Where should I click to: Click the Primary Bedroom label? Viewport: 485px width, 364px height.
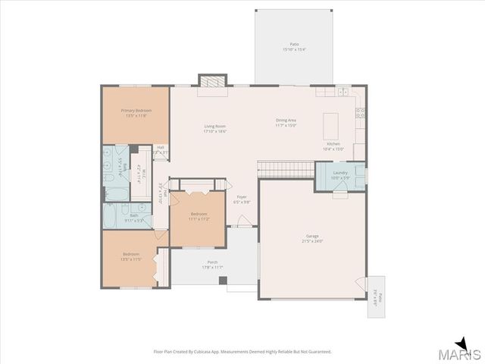[x=136, y=110]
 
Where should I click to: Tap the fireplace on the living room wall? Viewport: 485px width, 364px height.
[x=213, y=80]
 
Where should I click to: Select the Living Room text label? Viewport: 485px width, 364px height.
[x=214, y=126]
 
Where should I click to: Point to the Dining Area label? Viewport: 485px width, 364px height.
[x=286, y=121]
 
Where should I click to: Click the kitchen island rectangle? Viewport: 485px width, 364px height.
[x=330, y=123]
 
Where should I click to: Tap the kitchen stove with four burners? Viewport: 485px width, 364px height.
[x=360, y=115]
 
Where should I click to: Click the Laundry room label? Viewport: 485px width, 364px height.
[x=339, y=173]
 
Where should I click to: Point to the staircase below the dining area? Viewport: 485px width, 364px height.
[x=286, y=168]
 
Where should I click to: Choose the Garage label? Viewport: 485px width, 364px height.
[x=312, y=237]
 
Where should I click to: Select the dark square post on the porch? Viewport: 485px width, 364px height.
[x=223, y=281]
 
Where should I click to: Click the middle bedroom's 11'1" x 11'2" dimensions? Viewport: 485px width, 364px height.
[x=199, y=218]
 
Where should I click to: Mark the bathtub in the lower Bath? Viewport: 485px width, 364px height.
[x=109, y=216]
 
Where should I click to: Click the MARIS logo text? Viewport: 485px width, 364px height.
[x=462, y=354]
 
